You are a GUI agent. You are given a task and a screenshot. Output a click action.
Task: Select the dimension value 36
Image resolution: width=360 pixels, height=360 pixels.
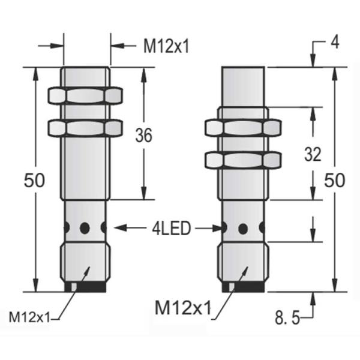143,136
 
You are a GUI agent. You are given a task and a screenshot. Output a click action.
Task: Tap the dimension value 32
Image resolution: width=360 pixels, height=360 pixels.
313,155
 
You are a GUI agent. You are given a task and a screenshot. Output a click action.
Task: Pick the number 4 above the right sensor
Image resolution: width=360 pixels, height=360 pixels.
337,43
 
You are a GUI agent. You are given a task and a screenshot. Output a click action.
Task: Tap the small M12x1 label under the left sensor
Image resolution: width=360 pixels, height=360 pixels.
30,317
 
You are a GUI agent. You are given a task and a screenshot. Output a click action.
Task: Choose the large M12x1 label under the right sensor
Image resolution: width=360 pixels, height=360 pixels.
183,308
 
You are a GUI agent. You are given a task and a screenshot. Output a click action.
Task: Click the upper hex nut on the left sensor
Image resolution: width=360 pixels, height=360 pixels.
85,95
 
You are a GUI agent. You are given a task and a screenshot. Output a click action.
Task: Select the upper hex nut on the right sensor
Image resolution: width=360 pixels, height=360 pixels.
243,127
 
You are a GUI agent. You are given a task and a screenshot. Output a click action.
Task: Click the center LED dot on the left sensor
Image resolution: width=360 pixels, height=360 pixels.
85,227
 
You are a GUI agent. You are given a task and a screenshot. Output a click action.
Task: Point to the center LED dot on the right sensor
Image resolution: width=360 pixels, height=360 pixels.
243,228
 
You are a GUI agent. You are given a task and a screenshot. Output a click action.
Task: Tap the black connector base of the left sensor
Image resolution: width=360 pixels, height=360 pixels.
85,287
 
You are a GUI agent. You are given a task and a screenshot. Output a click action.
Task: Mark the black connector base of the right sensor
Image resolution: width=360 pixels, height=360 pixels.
243,288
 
